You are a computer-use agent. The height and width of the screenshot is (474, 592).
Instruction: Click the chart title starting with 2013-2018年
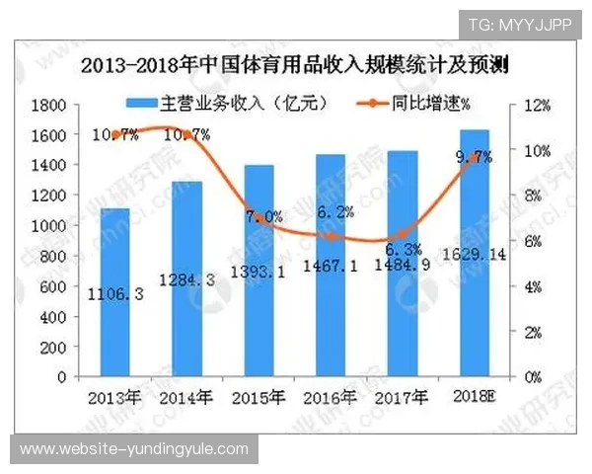[x=301, y=66]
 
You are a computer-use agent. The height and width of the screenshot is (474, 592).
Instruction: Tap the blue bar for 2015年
[x=259, y=271]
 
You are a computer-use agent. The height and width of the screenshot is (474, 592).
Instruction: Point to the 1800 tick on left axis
[x=48, y=105]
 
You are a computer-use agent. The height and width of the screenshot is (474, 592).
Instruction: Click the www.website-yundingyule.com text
[x=134, y=450]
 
